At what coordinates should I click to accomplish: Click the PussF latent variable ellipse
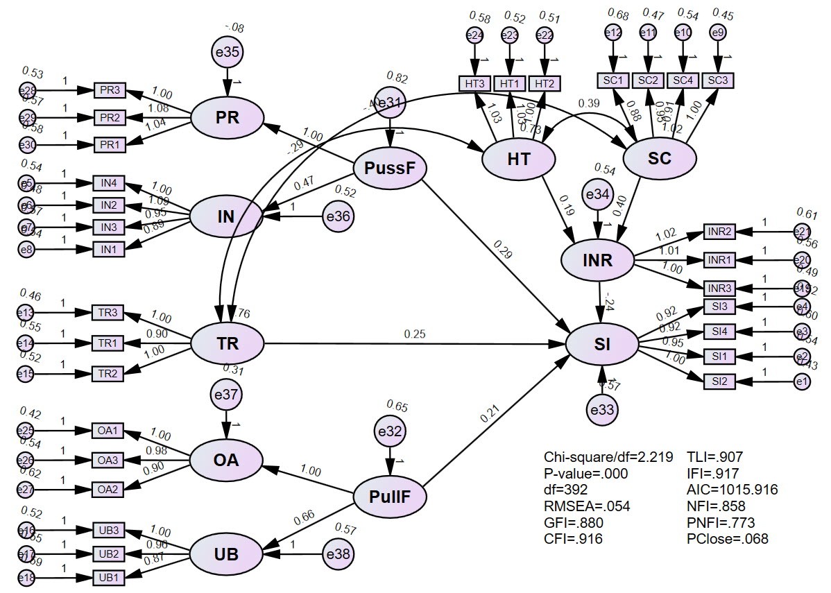(x=390, y=167)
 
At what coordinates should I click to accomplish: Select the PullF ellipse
(x=389, y=497)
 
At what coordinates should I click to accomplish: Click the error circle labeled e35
(x=228, y=53)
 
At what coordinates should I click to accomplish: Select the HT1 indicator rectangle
(x=510, y=83)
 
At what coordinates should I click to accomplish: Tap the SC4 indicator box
(x=683, y=80)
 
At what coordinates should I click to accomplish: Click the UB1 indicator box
(x=109, y=577)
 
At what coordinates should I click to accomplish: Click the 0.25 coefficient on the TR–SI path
(x=415, y=334)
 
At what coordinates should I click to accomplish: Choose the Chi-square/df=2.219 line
(x=608, y=457)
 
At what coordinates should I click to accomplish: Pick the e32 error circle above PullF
(x=390, y=431)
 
